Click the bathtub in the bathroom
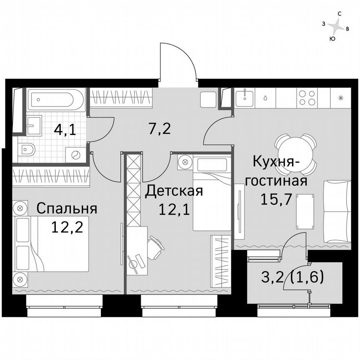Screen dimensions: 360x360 point(57,99)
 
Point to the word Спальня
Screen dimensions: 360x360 point(67,208)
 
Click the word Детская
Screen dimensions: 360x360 point(174,191)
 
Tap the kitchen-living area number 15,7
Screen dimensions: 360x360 point(275,199)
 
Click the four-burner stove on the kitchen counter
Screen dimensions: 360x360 point(308,98)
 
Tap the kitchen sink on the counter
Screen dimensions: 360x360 point(245,98)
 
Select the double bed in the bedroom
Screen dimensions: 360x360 point(52,243)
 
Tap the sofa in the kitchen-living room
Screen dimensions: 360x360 point(337,212)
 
